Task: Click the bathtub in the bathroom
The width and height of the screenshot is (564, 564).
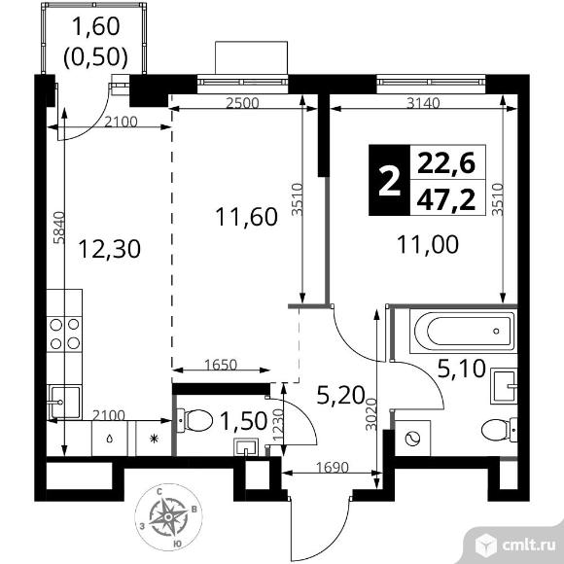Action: pos(463,331)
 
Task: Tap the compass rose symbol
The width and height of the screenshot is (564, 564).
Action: pos(168,517)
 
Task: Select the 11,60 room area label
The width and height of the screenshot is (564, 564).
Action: pos(246,217)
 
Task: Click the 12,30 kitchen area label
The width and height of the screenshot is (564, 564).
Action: pos(109,249)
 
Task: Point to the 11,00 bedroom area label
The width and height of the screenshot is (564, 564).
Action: pos(428,244)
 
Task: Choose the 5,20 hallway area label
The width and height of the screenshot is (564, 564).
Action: pos(341,396)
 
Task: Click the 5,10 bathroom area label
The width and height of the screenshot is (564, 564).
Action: pos(462,370)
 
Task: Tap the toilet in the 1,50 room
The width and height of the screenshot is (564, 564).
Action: pos(194,420)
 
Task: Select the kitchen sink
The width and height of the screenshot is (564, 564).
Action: pos(64,402)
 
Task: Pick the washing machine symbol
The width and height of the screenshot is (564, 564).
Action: pos(412,439)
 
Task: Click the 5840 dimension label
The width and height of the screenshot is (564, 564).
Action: pos(58,228)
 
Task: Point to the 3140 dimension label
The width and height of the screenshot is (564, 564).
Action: pos(423,103)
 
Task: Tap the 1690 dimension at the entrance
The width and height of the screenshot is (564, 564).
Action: pos(333,467)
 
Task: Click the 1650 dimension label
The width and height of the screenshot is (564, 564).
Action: pos(221,365)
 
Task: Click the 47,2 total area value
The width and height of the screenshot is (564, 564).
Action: pos(446,200)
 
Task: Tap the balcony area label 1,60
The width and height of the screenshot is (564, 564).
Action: pos(96,26)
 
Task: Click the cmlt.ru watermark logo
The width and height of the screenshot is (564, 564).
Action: pos(514,546)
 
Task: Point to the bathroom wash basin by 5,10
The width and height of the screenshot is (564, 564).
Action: pos(504,387)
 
